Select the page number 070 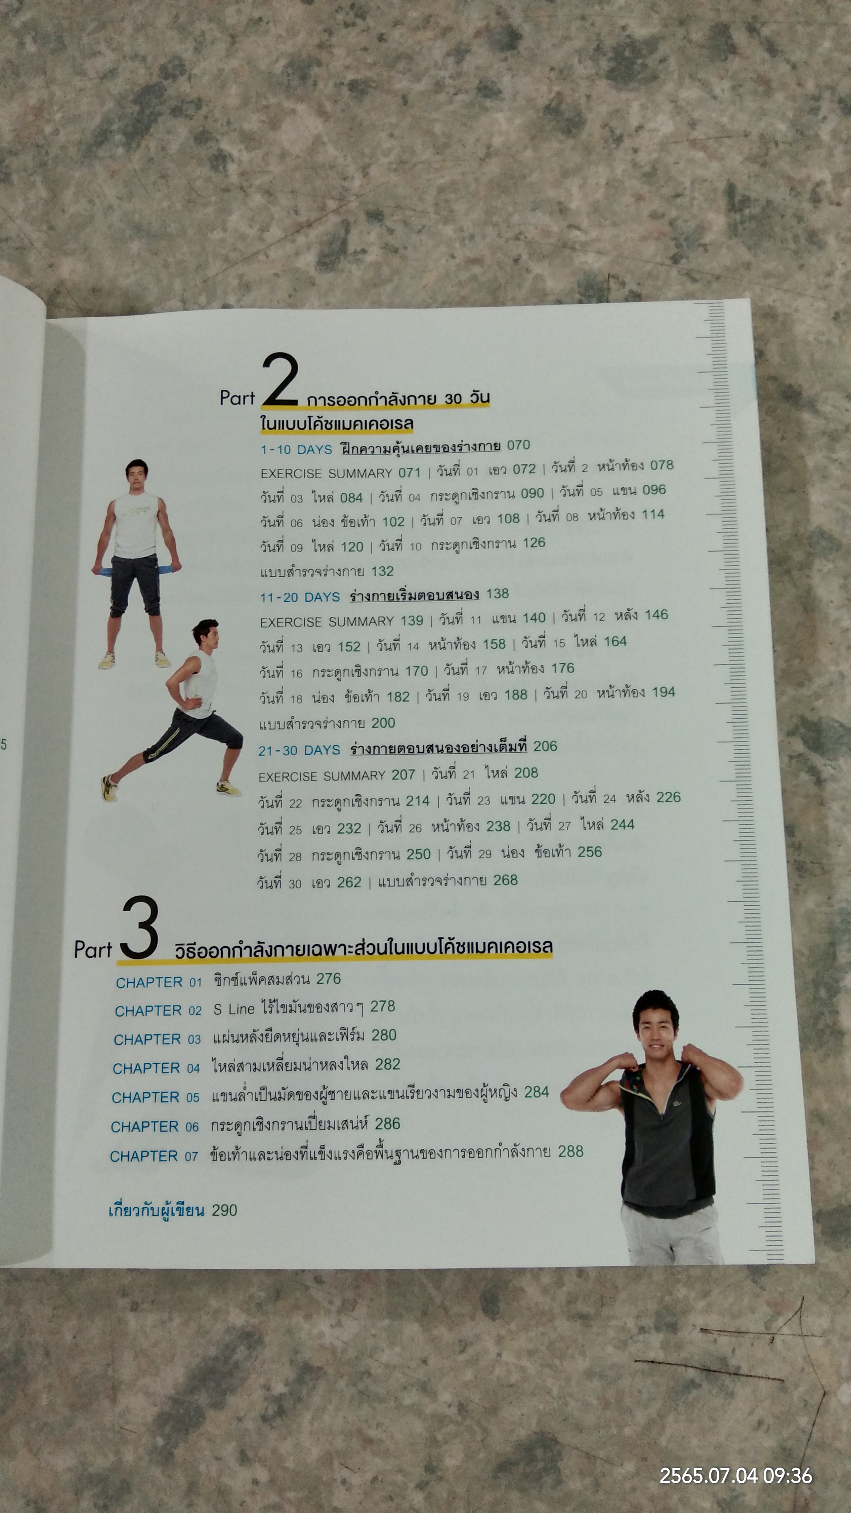(518, 445)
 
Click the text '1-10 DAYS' (296, 450)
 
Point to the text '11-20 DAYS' (300, 597)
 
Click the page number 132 (382, 571)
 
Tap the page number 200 (383, 723)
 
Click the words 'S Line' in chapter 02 (233, 1009)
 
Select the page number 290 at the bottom (224, 1210)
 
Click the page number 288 (570, 1151)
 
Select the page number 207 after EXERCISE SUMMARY (403, 775)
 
